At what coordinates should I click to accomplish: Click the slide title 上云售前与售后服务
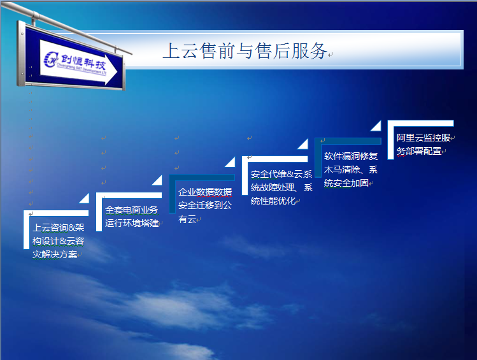click(245, 51)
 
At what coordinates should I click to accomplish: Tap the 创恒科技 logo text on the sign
click(83, 62)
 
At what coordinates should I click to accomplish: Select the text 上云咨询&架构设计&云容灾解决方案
click(59, 241)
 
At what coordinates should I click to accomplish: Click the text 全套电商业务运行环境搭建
click(131, 217)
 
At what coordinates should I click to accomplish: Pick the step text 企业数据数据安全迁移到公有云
click(205, 205)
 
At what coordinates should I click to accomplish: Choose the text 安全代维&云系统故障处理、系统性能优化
click(281, 187)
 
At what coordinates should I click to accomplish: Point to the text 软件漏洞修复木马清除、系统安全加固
click(351, 169)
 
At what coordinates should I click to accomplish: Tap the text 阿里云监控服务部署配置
click(424, 144)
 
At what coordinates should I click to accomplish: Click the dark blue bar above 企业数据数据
click(202, 177)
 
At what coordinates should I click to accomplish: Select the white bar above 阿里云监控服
click(421, 123)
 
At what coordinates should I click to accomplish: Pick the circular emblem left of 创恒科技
click(51, 59)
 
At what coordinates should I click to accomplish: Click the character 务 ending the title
click(318, 51)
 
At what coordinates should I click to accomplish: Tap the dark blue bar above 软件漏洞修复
click(348, 141)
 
